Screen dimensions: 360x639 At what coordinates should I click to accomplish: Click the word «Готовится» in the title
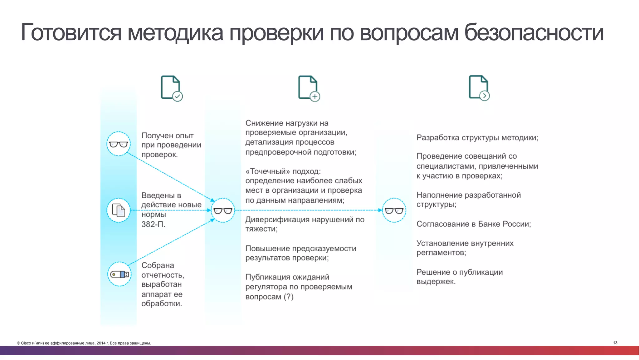click(x=71, y=32)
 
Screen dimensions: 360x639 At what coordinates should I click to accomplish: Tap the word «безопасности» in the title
click(x=534, y=32)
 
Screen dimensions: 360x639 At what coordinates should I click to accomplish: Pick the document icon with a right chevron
click(x=479, y=88)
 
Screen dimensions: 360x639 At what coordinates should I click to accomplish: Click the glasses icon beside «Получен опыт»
click(x=118, y=144)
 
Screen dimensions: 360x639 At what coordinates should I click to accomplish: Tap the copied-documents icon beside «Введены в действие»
click(x=118, y=210)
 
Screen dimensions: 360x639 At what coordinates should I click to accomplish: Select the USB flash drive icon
click(x=120, y=274)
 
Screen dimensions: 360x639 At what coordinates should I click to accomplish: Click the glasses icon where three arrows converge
click(x=223, y=210)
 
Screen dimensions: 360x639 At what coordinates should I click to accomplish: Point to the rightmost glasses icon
click(x=394, y=210)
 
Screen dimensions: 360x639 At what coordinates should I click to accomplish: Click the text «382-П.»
click(x=153, y=224)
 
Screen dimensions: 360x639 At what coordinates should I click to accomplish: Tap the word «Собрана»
click(x=158, y=265)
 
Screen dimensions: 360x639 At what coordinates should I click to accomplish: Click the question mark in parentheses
click(x=289, y=297)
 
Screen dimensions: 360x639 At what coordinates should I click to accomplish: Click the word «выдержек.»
click(x=436, y=282)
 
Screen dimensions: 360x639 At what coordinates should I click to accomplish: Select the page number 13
click(x=615, y=343)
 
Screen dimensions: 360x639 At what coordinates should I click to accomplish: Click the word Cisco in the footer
click(x=26, y=343)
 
